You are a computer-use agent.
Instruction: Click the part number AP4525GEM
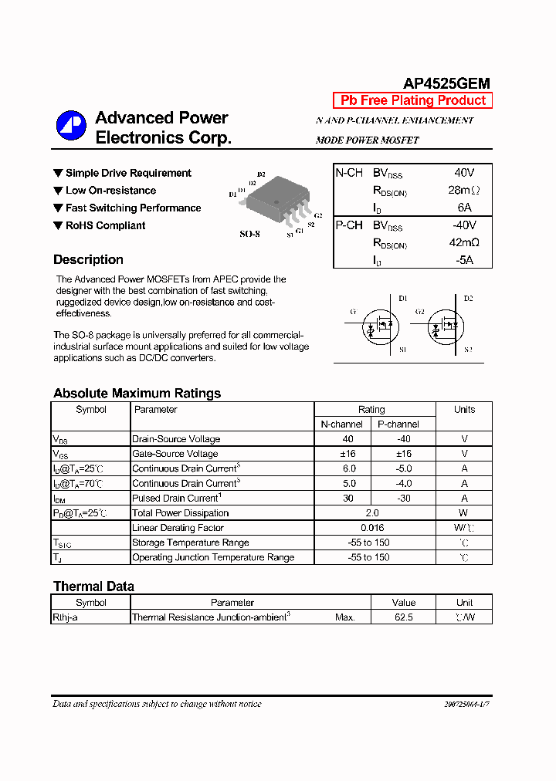[446, 84]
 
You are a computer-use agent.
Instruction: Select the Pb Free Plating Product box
[413, 100]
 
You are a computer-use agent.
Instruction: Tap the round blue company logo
[70, 125]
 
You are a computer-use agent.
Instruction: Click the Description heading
[88, 260]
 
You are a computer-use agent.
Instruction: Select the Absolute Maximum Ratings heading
[137, 394]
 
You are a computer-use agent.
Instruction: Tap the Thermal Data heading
[93, 587]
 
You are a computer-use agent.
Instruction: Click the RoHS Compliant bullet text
[105, 225]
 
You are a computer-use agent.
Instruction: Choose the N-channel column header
[341, 424]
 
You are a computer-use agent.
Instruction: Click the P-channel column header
[398, 424]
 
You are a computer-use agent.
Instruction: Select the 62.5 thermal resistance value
[403, 617]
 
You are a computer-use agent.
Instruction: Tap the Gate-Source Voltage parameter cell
[175, 454]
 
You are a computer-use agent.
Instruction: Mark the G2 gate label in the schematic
[420, 312]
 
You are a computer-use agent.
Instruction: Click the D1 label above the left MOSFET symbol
[402, 298]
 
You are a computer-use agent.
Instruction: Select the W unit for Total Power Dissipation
[463, 513]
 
